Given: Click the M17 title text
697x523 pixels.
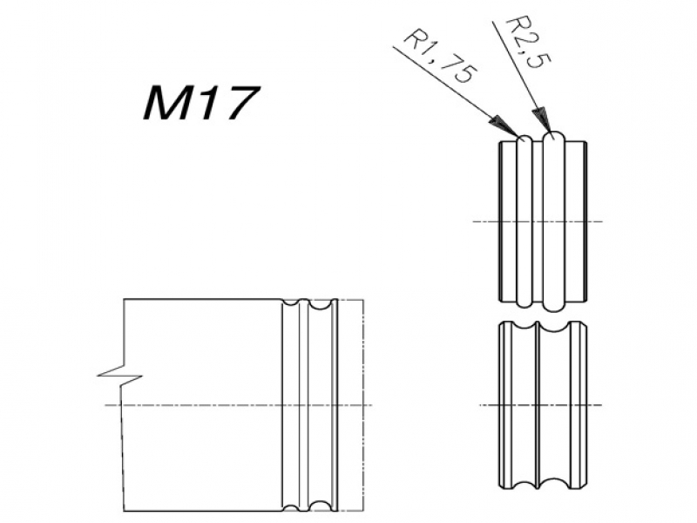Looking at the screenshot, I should coord(201,104).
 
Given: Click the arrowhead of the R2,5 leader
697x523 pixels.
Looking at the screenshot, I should coord(541,119).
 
